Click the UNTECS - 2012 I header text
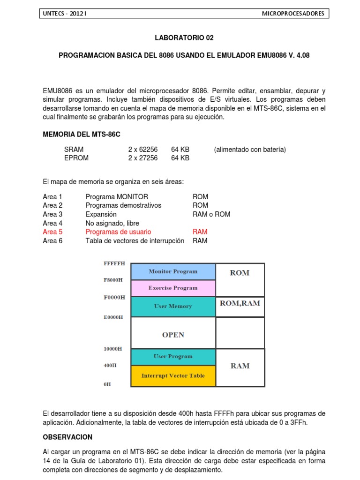[x=65, y=14]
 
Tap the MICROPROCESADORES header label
[x=292, y=14]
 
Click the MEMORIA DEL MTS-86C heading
[x=82, y=135]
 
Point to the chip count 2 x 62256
[x=142, y=150]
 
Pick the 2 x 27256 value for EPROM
[x=142, y=158]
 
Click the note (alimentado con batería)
[x=249, y=150]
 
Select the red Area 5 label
[x=52, y=232]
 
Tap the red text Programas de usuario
[x=118, y=232]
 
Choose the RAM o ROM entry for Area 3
[x=211, y=214]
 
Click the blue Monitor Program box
[x=173, y=271]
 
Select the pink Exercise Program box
[x=173, y=288]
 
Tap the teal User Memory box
[x=173, y=306]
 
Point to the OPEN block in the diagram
[x=173, y=335]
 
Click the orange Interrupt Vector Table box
[x=173, y=375]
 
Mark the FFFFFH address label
[x=114, y=263]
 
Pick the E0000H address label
[x=113, y=317]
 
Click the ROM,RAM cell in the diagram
[x=240, y=303]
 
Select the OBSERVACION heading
[x=67, y=437]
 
